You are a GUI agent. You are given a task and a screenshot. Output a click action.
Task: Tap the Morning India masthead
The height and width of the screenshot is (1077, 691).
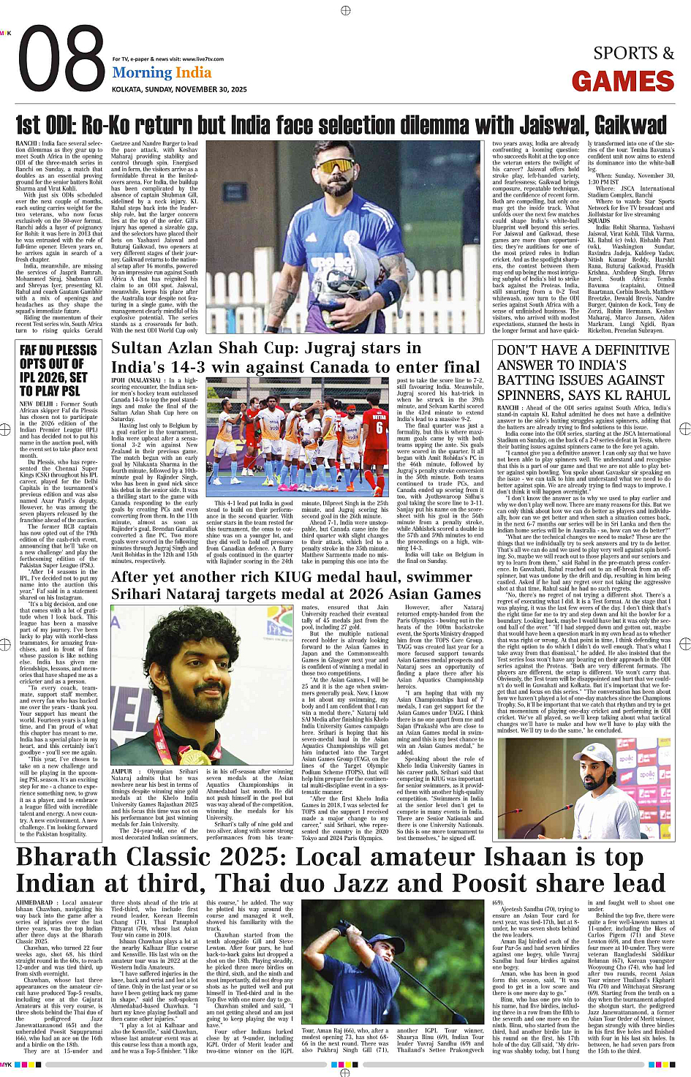click(x=162, y=72)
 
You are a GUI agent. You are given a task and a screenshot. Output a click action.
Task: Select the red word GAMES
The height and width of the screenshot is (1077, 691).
click(x=622, y=81)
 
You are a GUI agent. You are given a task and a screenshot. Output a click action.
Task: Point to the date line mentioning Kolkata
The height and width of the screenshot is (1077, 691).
click(x=179, y=89)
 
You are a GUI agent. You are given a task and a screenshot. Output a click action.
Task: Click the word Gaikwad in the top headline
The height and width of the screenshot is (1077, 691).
click(x=626, y=124)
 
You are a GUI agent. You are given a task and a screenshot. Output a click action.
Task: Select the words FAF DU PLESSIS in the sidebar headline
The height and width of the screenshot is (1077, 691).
click(x=58, y=350)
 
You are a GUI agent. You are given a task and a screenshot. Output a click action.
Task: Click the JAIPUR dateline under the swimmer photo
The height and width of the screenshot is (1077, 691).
click(x=121, y=771)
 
